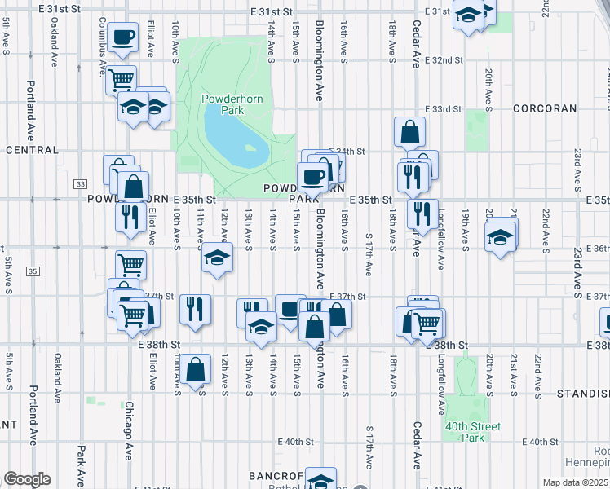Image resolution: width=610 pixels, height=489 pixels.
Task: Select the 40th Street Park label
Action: (472, 431)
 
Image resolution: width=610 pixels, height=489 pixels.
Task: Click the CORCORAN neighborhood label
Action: (545, 108)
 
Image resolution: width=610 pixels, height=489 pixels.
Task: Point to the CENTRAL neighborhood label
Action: (31, 150)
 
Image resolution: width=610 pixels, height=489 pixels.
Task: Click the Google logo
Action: (26, 478)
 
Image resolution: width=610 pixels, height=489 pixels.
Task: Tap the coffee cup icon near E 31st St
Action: (122, 37)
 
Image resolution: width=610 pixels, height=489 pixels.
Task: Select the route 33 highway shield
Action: (80, 184)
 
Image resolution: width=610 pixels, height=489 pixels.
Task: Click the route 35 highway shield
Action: (32, 271)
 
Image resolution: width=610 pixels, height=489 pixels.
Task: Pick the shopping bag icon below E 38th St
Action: (195, 370)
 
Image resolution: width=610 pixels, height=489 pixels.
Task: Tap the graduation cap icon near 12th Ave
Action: (217, 258)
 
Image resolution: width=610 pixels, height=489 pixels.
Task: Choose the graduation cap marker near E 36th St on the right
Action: (500, 238)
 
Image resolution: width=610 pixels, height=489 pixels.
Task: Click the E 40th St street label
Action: (295, 442)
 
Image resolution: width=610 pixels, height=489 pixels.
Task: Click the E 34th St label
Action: (349, 152)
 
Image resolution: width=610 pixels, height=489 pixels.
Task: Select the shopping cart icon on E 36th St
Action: (130, 264)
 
